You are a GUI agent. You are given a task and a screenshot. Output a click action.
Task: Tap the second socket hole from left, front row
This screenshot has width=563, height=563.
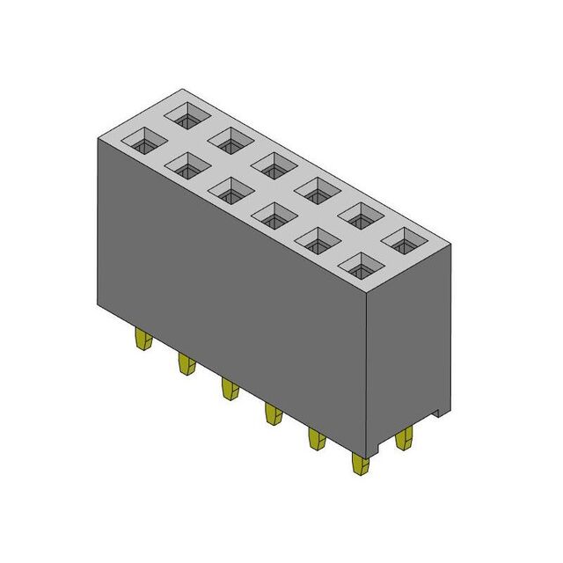[187, 164]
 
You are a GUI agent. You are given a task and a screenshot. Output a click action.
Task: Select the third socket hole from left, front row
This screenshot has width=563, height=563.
[231, 188]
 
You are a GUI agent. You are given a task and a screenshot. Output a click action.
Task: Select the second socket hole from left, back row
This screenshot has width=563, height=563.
[230, 138]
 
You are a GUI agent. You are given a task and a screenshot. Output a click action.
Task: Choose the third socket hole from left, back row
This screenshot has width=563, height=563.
[274, 163]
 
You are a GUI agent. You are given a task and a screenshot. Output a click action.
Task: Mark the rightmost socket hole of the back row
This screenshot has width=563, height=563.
[405, 238]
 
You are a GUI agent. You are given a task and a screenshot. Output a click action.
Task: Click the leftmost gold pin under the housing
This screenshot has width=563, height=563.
[142, 339]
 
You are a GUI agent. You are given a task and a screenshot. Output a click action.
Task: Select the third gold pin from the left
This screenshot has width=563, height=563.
[229, 388]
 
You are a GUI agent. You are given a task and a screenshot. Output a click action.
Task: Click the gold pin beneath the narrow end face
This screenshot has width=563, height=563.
[405, 438]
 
